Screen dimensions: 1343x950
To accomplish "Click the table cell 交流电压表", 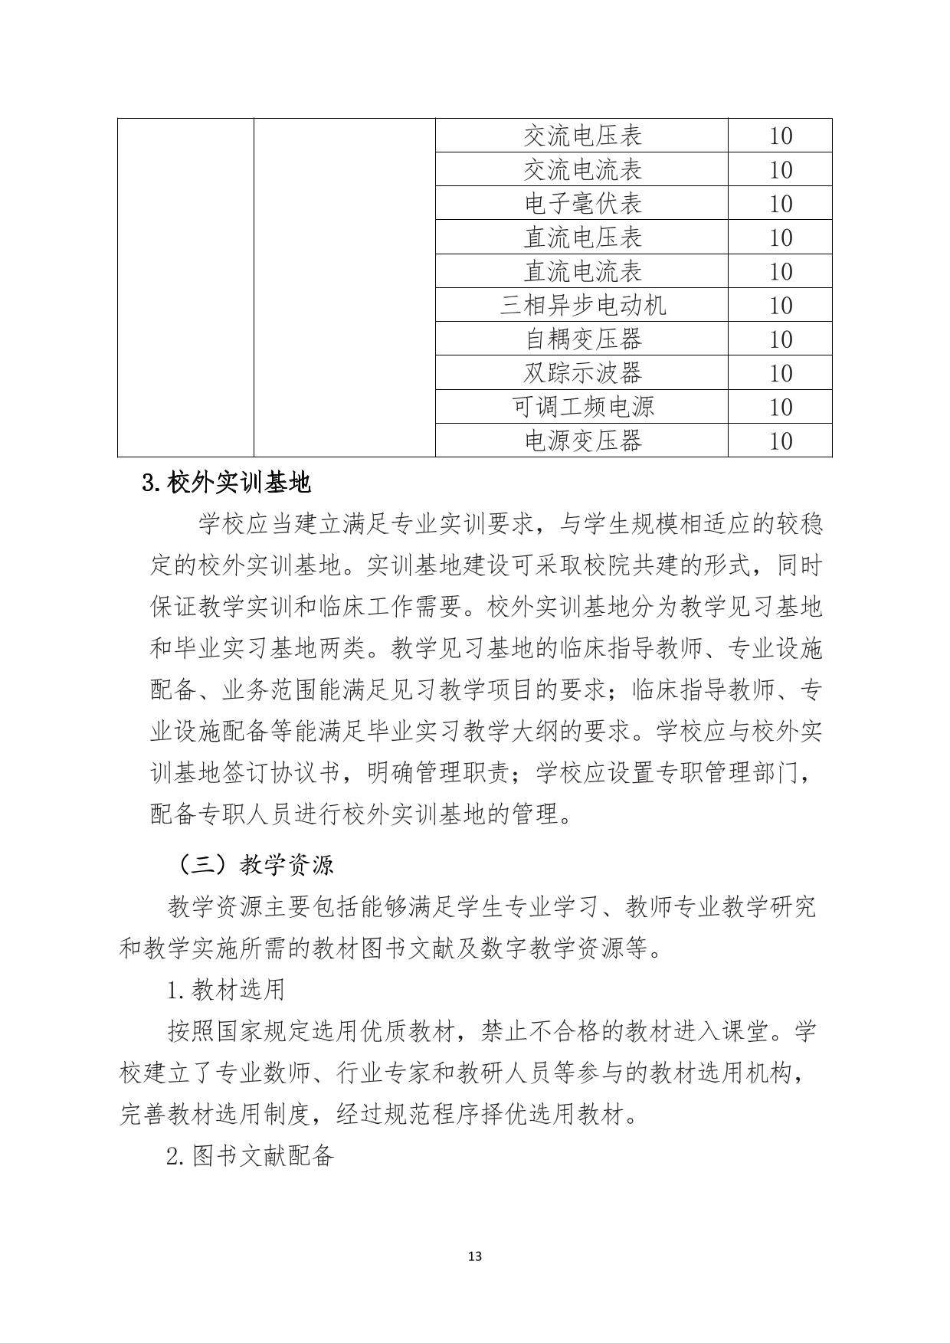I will coord(581,136).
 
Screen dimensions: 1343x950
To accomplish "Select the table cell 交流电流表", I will coord(581,169).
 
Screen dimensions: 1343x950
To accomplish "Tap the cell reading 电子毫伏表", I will coord(581,203).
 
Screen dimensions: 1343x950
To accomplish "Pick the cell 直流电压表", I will coord(581,237).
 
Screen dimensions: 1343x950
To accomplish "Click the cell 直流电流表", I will coord(581,271).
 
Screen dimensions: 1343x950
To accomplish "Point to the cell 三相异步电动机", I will coord(581,305).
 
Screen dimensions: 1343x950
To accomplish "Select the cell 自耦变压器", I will coord(581,339).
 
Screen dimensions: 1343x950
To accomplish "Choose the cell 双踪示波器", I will coord(581,372).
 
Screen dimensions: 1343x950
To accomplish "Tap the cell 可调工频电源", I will coord(581,406).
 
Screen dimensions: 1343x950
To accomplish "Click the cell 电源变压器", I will coord(581,441).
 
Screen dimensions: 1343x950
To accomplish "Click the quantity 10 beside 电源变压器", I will coord(780,441).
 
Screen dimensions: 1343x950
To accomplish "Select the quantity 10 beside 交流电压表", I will coord(780,136).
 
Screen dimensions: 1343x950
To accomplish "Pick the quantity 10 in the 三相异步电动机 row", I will coord(780,305).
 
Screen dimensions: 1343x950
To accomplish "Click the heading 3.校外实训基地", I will coord(227,483).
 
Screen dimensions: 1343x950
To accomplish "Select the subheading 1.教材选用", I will coord(225,990).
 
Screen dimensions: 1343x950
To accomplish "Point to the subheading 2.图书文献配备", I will coord(250,1155).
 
